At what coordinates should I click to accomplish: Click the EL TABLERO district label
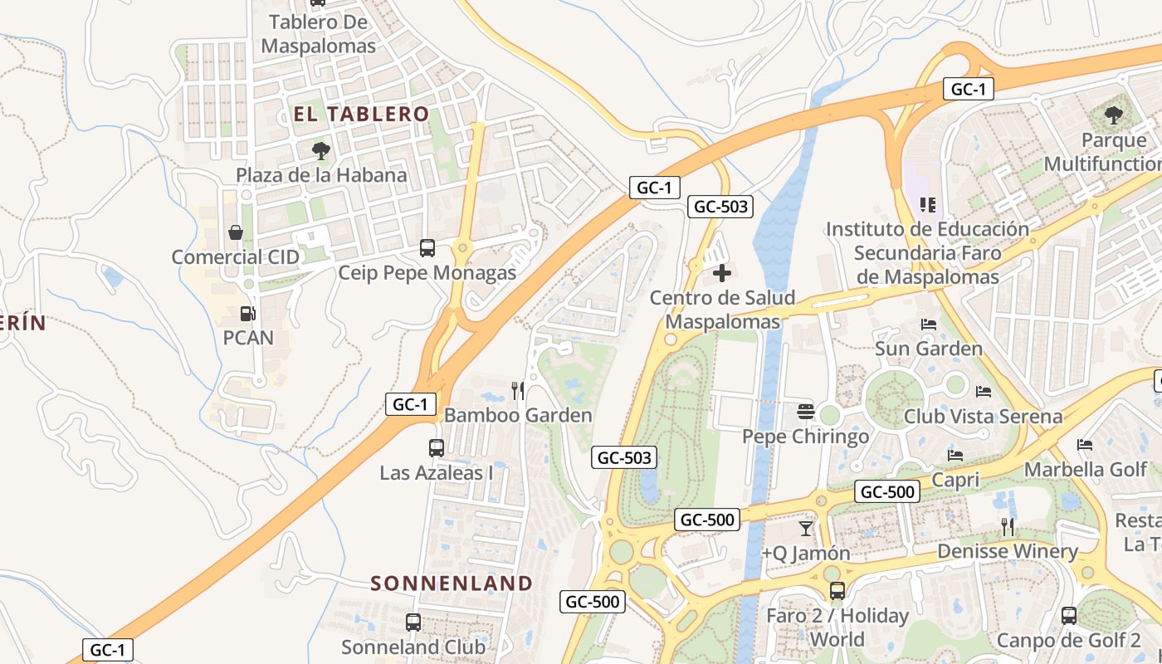[x=361, y=115]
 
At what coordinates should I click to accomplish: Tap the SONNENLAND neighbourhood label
[x=452, y=583]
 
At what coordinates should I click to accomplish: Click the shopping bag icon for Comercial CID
[x=236, y=232]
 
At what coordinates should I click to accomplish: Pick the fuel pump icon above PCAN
[x=247, y=314]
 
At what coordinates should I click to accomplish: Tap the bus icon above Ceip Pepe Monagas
[x=427, y=247]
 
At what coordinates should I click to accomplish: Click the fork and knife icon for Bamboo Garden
[x=518, y=390]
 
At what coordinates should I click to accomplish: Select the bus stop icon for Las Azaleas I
[x=437, y=448]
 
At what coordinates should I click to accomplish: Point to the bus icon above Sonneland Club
[x=413, y=622]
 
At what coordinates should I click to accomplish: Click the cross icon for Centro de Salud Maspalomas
[x=722, y=272]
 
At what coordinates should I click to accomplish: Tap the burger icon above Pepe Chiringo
[x=804, y=411]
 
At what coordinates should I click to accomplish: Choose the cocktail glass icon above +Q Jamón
[x=805, y=528]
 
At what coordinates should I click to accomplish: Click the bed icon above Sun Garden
[x=929, y=324]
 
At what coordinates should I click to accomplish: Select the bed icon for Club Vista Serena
[x=984, y=391]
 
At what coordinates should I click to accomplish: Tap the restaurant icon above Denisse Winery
[x=1008, y=526]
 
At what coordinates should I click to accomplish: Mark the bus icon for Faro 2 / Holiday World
[x=837, y=591]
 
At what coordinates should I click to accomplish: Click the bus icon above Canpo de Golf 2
[x=1069, y=616]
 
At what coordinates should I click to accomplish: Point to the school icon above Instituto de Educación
[x=927, y=204]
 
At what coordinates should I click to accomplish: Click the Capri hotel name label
[x=955, y=480]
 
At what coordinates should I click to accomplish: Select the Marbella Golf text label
[x=1085, y=470]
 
